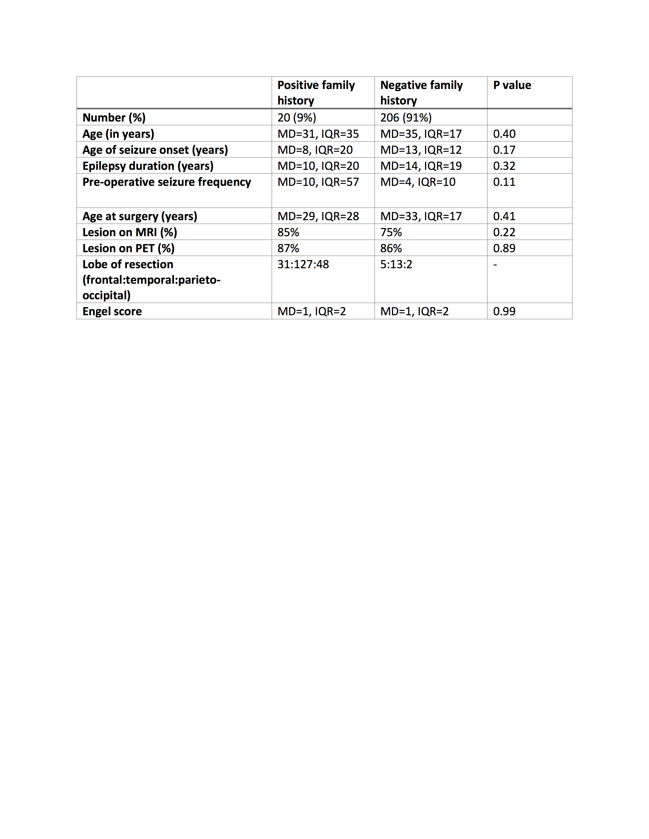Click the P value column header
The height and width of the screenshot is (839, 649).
tap(512, 85)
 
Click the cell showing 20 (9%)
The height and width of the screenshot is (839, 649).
tap(297, 117)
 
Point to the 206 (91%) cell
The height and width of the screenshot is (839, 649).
tap(406, 117)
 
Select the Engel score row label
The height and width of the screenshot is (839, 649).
tap(112, 311)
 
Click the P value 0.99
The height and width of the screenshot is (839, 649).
tap(504, 311)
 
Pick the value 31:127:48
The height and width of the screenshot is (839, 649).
tap(303, 264)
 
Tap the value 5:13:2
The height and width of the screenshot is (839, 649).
tap(396, 264)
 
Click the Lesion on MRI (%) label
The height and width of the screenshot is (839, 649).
tap(130, 232)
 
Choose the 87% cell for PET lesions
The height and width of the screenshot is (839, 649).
tap(288, 248)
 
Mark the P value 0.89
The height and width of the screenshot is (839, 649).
tap(504, 248)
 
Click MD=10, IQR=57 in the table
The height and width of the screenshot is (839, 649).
tap(318, 182)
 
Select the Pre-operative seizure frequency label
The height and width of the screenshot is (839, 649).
tap(166, 182)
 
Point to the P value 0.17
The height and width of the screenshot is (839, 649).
tap(504, 150)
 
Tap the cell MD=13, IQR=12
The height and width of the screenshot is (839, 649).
tap(421, 150)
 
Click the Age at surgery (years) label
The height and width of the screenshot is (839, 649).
tap(139, 216)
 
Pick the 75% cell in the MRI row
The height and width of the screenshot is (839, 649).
tap(391, 232)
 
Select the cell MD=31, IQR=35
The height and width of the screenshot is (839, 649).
tap(318, 134)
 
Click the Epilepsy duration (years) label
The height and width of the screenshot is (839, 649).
tap(148, 166)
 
